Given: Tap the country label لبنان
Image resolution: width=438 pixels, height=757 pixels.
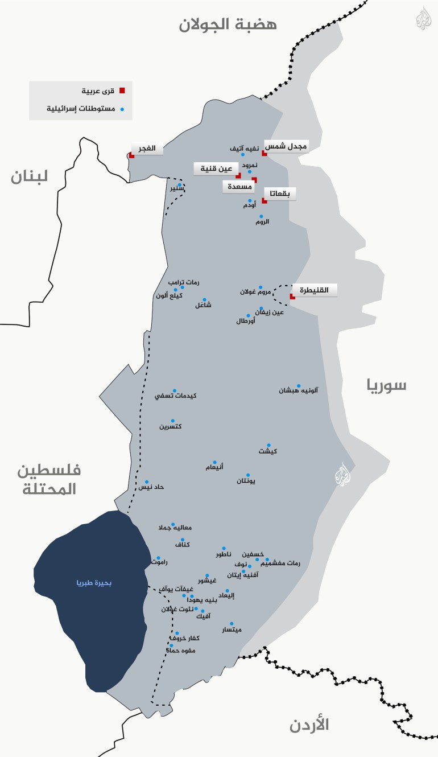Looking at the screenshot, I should click(x=37, y=176).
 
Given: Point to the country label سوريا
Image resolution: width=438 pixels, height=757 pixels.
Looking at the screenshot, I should click(x=387, y=385).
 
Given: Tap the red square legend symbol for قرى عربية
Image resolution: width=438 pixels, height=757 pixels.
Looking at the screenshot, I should click(x=122, y=90).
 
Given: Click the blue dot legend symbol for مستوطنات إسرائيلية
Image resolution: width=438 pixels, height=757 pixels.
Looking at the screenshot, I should click(x=122, y=108).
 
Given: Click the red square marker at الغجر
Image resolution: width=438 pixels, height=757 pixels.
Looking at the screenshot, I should click(x=132, y=155).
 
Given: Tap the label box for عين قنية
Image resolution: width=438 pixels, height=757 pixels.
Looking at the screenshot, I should click(x=213, y=168).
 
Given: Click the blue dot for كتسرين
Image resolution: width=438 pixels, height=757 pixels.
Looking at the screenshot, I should click(x=173, y=421).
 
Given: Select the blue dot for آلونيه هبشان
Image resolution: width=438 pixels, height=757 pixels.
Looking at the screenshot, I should click(x=298, y=385).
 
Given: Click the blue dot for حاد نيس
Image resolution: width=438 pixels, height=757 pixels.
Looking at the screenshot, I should click(x=147, y=482).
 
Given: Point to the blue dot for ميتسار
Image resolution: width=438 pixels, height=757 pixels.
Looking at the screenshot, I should click(x=232, y=623).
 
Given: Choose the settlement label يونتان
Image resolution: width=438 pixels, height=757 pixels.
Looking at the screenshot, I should click(x=246, y=482).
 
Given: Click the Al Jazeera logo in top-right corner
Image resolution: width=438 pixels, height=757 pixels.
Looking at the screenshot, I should click(x=423, y=21).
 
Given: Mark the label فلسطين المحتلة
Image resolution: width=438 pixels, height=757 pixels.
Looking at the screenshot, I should click(x=49, y=479).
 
